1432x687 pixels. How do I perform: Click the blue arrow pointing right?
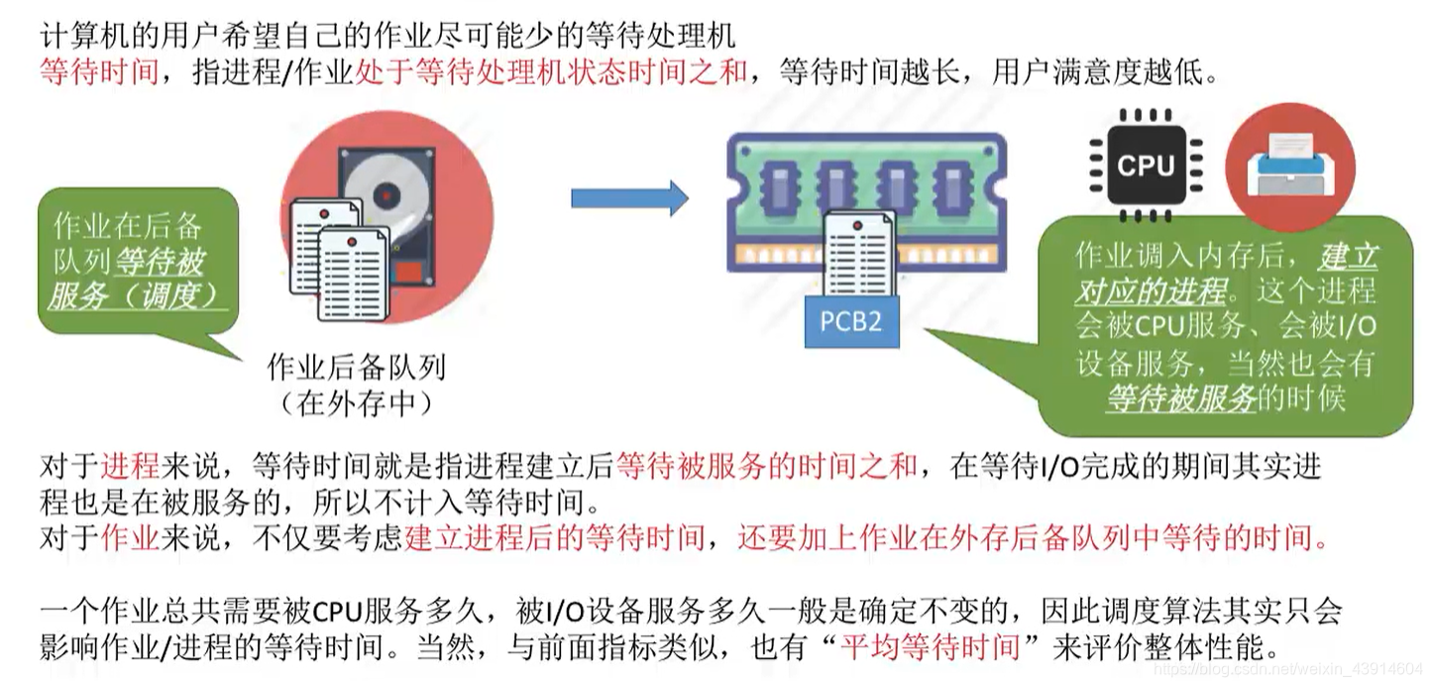628,198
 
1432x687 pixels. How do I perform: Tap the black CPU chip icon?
1146,165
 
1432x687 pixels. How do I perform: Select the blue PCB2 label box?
851,322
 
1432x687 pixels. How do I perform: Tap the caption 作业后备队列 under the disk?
356,369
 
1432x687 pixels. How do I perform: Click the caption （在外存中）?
356,403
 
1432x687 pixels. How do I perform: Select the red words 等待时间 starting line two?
99,72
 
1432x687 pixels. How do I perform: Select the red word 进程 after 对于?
130,466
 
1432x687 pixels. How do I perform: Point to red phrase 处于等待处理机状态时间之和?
551,72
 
